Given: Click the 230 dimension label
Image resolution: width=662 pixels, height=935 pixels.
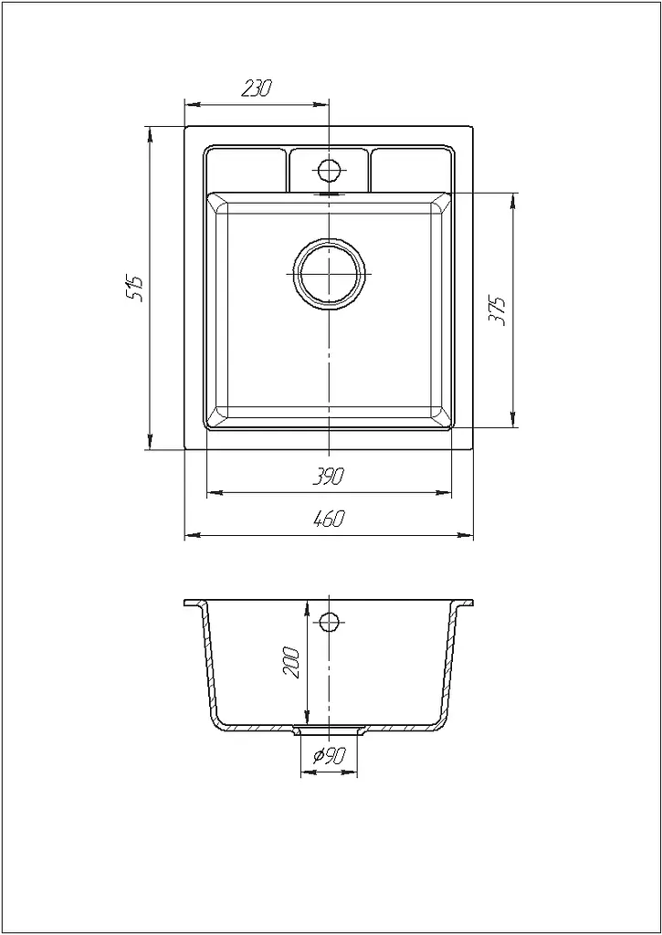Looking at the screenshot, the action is coord(257,88).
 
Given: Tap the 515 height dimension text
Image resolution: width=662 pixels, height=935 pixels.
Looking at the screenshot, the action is coord(136,289).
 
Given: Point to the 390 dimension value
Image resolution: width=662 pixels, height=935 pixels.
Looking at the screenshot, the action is coord(329,477).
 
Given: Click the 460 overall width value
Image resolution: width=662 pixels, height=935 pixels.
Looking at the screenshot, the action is coord(329,520).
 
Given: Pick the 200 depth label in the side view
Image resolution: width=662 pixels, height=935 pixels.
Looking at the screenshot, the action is coord(291,660).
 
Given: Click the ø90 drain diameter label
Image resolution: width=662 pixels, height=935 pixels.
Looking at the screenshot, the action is coord(330,756).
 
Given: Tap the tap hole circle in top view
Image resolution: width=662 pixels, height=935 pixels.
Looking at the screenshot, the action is coord(329,171).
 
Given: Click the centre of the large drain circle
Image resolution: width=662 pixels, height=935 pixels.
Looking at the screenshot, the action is coord(330,274).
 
